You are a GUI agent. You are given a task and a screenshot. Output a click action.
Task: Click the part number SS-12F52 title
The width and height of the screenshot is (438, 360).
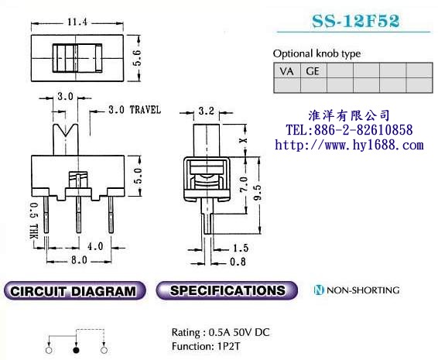click(355, 22)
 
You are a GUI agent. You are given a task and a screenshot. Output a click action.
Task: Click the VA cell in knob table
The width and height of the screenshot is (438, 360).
click(286, 70)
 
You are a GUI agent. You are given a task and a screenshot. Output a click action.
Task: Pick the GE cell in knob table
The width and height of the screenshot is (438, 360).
click(313, 70)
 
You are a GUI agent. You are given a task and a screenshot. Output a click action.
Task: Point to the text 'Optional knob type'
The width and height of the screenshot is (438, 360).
click(317, 53)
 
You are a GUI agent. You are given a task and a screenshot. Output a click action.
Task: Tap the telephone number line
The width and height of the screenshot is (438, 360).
click(349, 130)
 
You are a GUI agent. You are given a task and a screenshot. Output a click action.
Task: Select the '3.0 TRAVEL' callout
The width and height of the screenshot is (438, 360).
click(134, 110)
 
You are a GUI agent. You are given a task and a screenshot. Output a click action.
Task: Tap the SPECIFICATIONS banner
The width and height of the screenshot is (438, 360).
click(227, 291)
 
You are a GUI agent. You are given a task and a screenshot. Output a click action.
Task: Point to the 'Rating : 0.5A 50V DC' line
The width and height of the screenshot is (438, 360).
click(221, 332)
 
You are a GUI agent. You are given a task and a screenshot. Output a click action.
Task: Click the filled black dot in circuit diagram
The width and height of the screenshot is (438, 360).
click(76, 351)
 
